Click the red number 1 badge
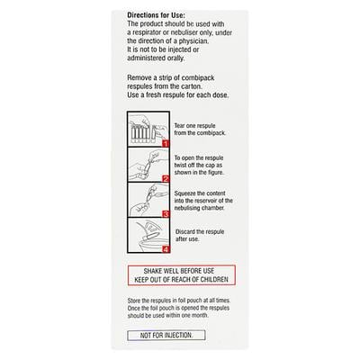click(165, 144)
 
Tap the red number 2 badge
click(165, 178)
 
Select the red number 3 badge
click(165, 214)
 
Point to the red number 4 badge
click(165, 249)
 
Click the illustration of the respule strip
click(144, 132)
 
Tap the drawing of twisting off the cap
click(144, 166)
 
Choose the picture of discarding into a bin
click(144, 238)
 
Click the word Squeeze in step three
click(185, 192)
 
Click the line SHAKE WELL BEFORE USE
click(181, 271)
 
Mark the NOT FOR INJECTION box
click(166, 335)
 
